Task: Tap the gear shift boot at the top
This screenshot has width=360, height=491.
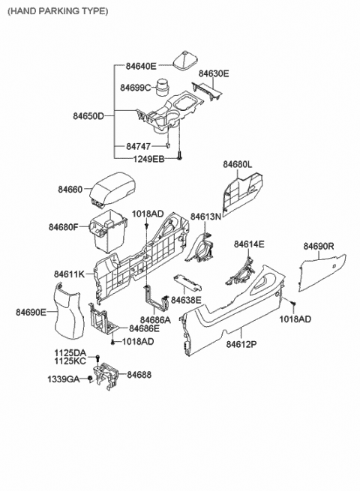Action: click(182, 61)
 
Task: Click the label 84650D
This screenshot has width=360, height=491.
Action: click(89, 116)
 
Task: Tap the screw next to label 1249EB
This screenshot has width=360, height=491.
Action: click(181, 159)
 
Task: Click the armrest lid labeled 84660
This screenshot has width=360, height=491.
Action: click(111, 190)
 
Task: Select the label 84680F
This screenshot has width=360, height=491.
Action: click(64, 226)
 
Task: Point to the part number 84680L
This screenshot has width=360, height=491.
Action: click(238, 163)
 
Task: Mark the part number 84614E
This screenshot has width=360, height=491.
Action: click(249, 244)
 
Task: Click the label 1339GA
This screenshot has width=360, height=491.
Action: click(64, 379)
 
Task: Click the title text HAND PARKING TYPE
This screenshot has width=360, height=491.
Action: click(58, 11)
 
